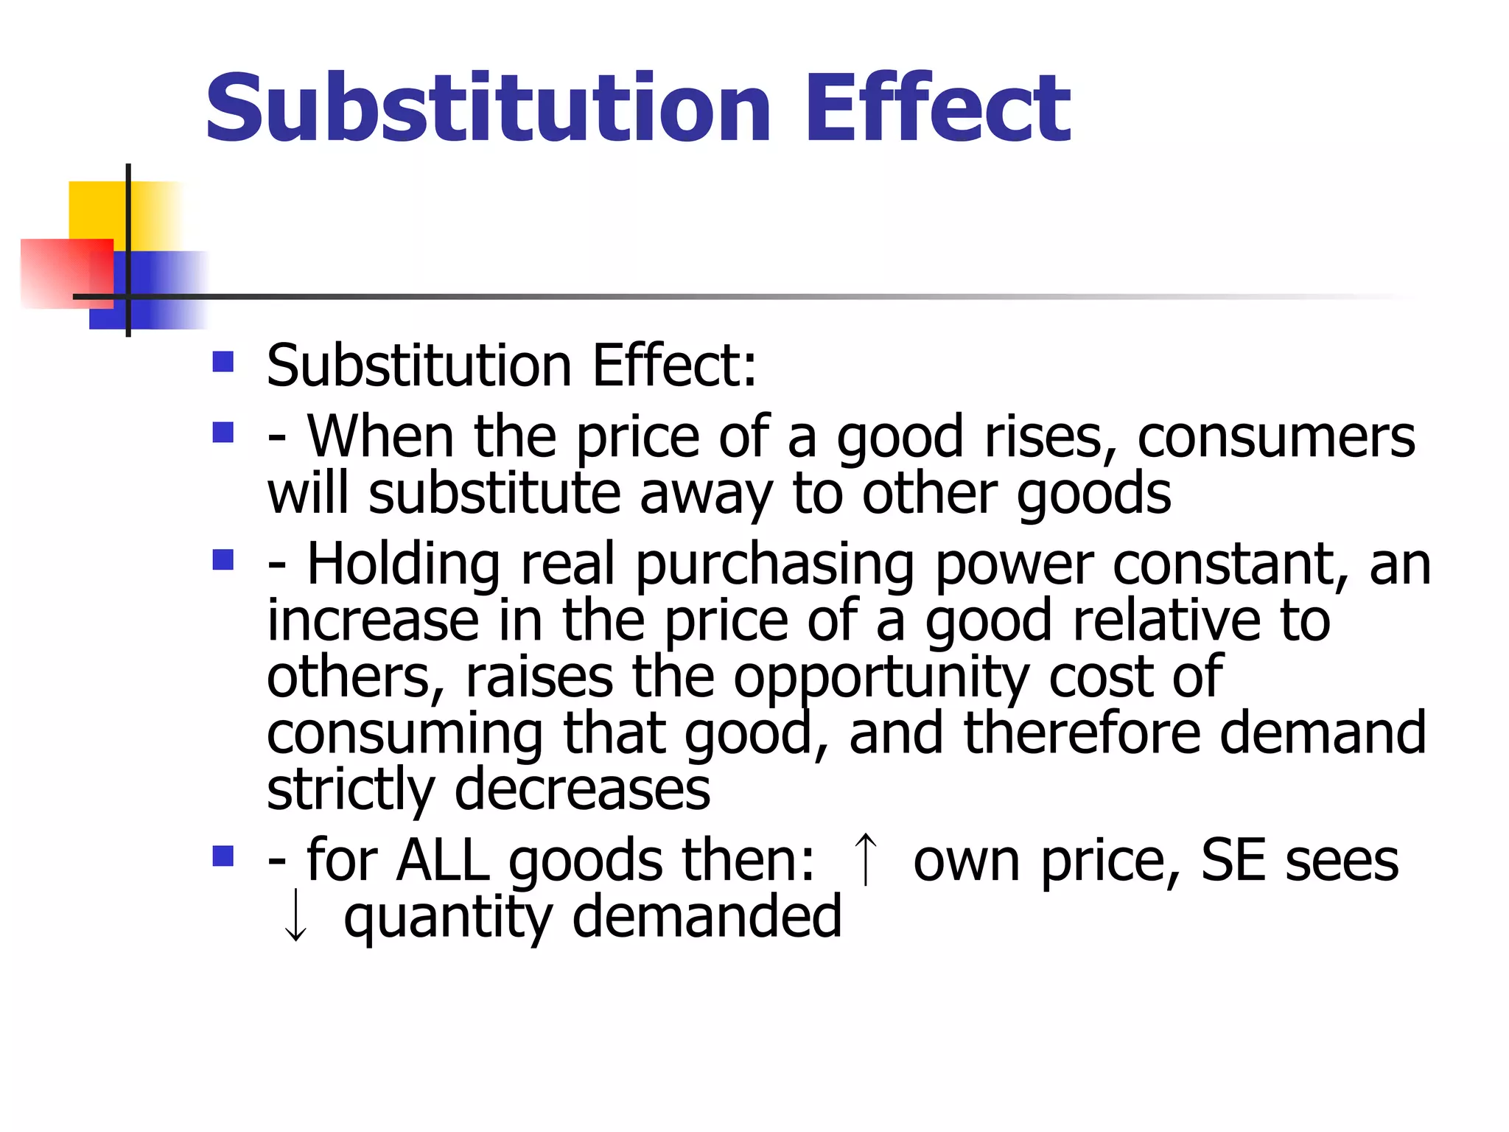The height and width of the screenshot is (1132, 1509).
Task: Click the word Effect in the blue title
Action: coord(937,109)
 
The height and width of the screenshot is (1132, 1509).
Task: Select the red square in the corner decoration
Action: coord(63,273)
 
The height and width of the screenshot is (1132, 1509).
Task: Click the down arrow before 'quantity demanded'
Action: coord(295,915)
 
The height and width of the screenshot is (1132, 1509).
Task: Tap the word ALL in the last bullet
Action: coord(443,861)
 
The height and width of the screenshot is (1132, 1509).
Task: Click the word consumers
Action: coord(1276,437)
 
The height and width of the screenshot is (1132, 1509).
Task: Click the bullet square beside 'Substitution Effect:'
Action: coord(223,362)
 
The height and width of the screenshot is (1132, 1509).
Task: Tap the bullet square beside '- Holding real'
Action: coord(223,560)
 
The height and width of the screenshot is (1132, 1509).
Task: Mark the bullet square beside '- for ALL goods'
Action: coord(223,856)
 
